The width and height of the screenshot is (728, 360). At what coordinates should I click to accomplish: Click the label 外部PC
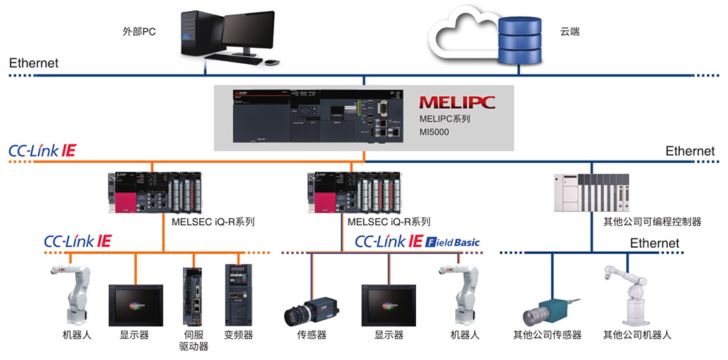pyautogui.click(x=138, y=32)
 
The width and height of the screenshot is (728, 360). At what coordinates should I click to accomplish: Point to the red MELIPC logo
pyautogui.click(x=457, y=102)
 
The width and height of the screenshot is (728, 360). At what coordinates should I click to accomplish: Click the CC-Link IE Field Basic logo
pyautogui.click(x=417, y=242)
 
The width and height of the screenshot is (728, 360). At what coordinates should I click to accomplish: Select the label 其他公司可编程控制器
pyautogui.click(x=652, y=222)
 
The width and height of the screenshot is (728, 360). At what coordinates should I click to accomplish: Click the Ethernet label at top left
pyautogui.click(x=34, y=63)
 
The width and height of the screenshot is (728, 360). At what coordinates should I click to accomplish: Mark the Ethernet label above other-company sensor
pyautogui.click(x=654, y=243)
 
